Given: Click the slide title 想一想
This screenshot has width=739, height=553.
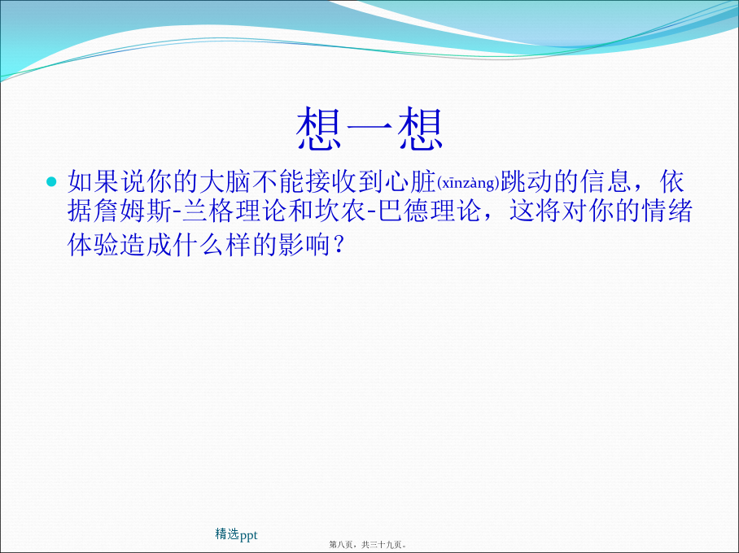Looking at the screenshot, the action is (x=369, y=128).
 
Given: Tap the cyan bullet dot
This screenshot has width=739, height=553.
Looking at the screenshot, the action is (x=51, y=181).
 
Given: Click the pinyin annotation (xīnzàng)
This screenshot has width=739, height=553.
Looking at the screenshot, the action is (x=468, y=183).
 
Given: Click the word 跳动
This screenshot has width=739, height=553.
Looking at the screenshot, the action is (x=526, y=181).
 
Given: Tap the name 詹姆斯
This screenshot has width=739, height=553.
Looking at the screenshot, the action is (x=133, y=211).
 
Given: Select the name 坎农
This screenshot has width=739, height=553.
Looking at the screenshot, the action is (x=340, y=211).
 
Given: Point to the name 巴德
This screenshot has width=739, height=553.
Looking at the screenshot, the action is (x=404, y=211).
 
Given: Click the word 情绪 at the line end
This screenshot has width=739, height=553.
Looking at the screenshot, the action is (x=667, y=211).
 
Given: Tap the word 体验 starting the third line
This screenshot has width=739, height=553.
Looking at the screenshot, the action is (x=93, y=244).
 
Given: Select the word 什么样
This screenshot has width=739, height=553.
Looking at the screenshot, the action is (x=211, y=244).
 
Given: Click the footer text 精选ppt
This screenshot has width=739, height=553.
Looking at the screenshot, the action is (x=236, y=534).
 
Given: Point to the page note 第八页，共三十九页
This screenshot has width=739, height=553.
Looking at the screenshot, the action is (x=366, y=545).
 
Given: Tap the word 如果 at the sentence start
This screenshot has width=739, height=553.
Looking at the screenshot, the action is (x=93, y=181).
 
